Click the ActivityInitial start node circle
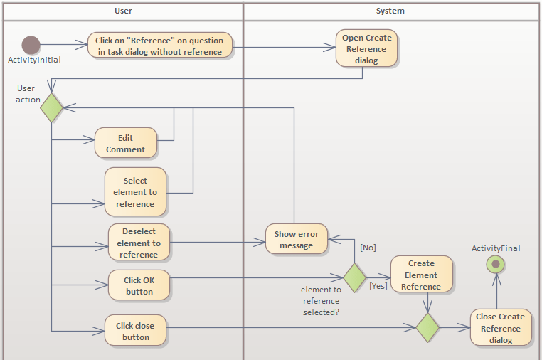[x=31, y=45]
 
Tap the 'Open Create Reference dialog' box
[x=366, y=49]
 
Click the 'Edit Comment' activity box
[x=125, y=143]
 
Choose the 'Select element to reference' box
[x=135, y=192]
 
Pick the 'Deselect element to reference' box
[x=139, y=243]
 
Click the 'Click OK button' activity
[x=139, y=286]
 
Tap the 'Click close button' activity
[x=135, y=331]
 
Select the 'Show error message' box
[x=297, y=240]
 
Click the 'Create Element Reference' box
[x=421, y=275]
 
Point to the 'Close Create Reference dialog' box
[x=501, y=328]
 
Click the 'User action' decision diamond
[x=51, y=107]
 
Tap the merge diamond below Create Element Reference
[x=427, y=328]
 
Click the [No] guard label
[x=368, y=248]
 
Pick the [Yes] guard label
[x=378, y=286]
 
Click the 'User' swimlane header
[x=123, y=11]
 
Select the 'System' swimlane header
[x=390, y=11]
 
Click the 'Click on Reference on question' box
[x=160, y=46]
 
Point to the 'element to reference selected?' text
[x=322, y=300]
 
